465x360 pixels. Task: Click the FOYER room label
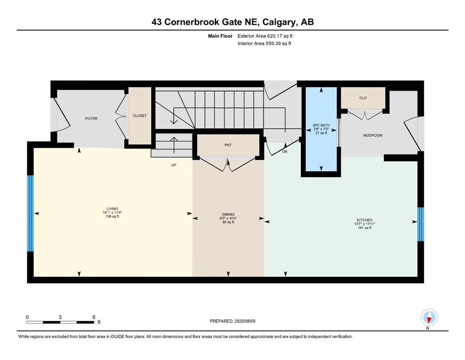91,119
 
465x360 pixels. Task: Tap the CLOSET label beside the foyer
140,116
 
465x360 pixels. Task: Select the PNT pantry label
228,145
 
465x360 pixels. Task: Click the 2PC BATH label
321,125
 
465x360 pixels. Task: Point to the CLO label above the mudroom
363,98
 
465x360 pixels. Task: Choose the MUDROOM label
373,135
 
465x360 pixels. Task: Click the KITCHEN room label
365,220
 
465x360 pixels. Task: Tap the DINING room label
228,214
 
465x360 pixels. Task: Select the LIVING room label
112,209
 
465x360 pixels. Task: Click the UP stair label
174,165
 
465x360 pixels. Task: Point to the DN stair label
285,152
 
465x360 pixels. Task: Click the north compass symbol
429,318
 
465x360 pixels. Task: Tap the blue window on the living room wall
30,213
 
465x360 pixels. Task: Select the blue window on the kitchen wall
420,224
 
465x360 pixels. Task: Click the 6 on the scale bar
94,317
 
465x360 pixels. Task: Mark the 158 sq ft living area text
112,217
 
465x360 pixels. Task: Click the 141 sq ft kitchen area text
365,228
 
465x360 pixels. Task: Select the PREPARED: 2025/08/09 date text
232,321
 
